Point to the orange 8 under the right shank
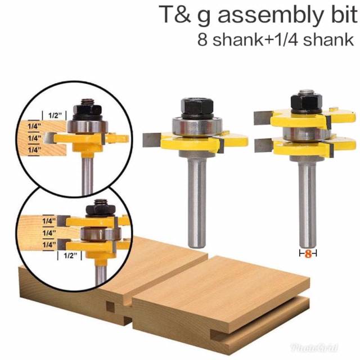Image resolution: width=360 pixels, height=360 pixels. click(x=308, y=254)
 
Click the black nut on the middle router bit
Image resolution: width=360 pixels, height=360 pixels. click(x=192, y=105)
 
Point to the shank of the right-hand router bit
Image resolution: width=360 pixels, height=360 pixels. click(x=307, y=197)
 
